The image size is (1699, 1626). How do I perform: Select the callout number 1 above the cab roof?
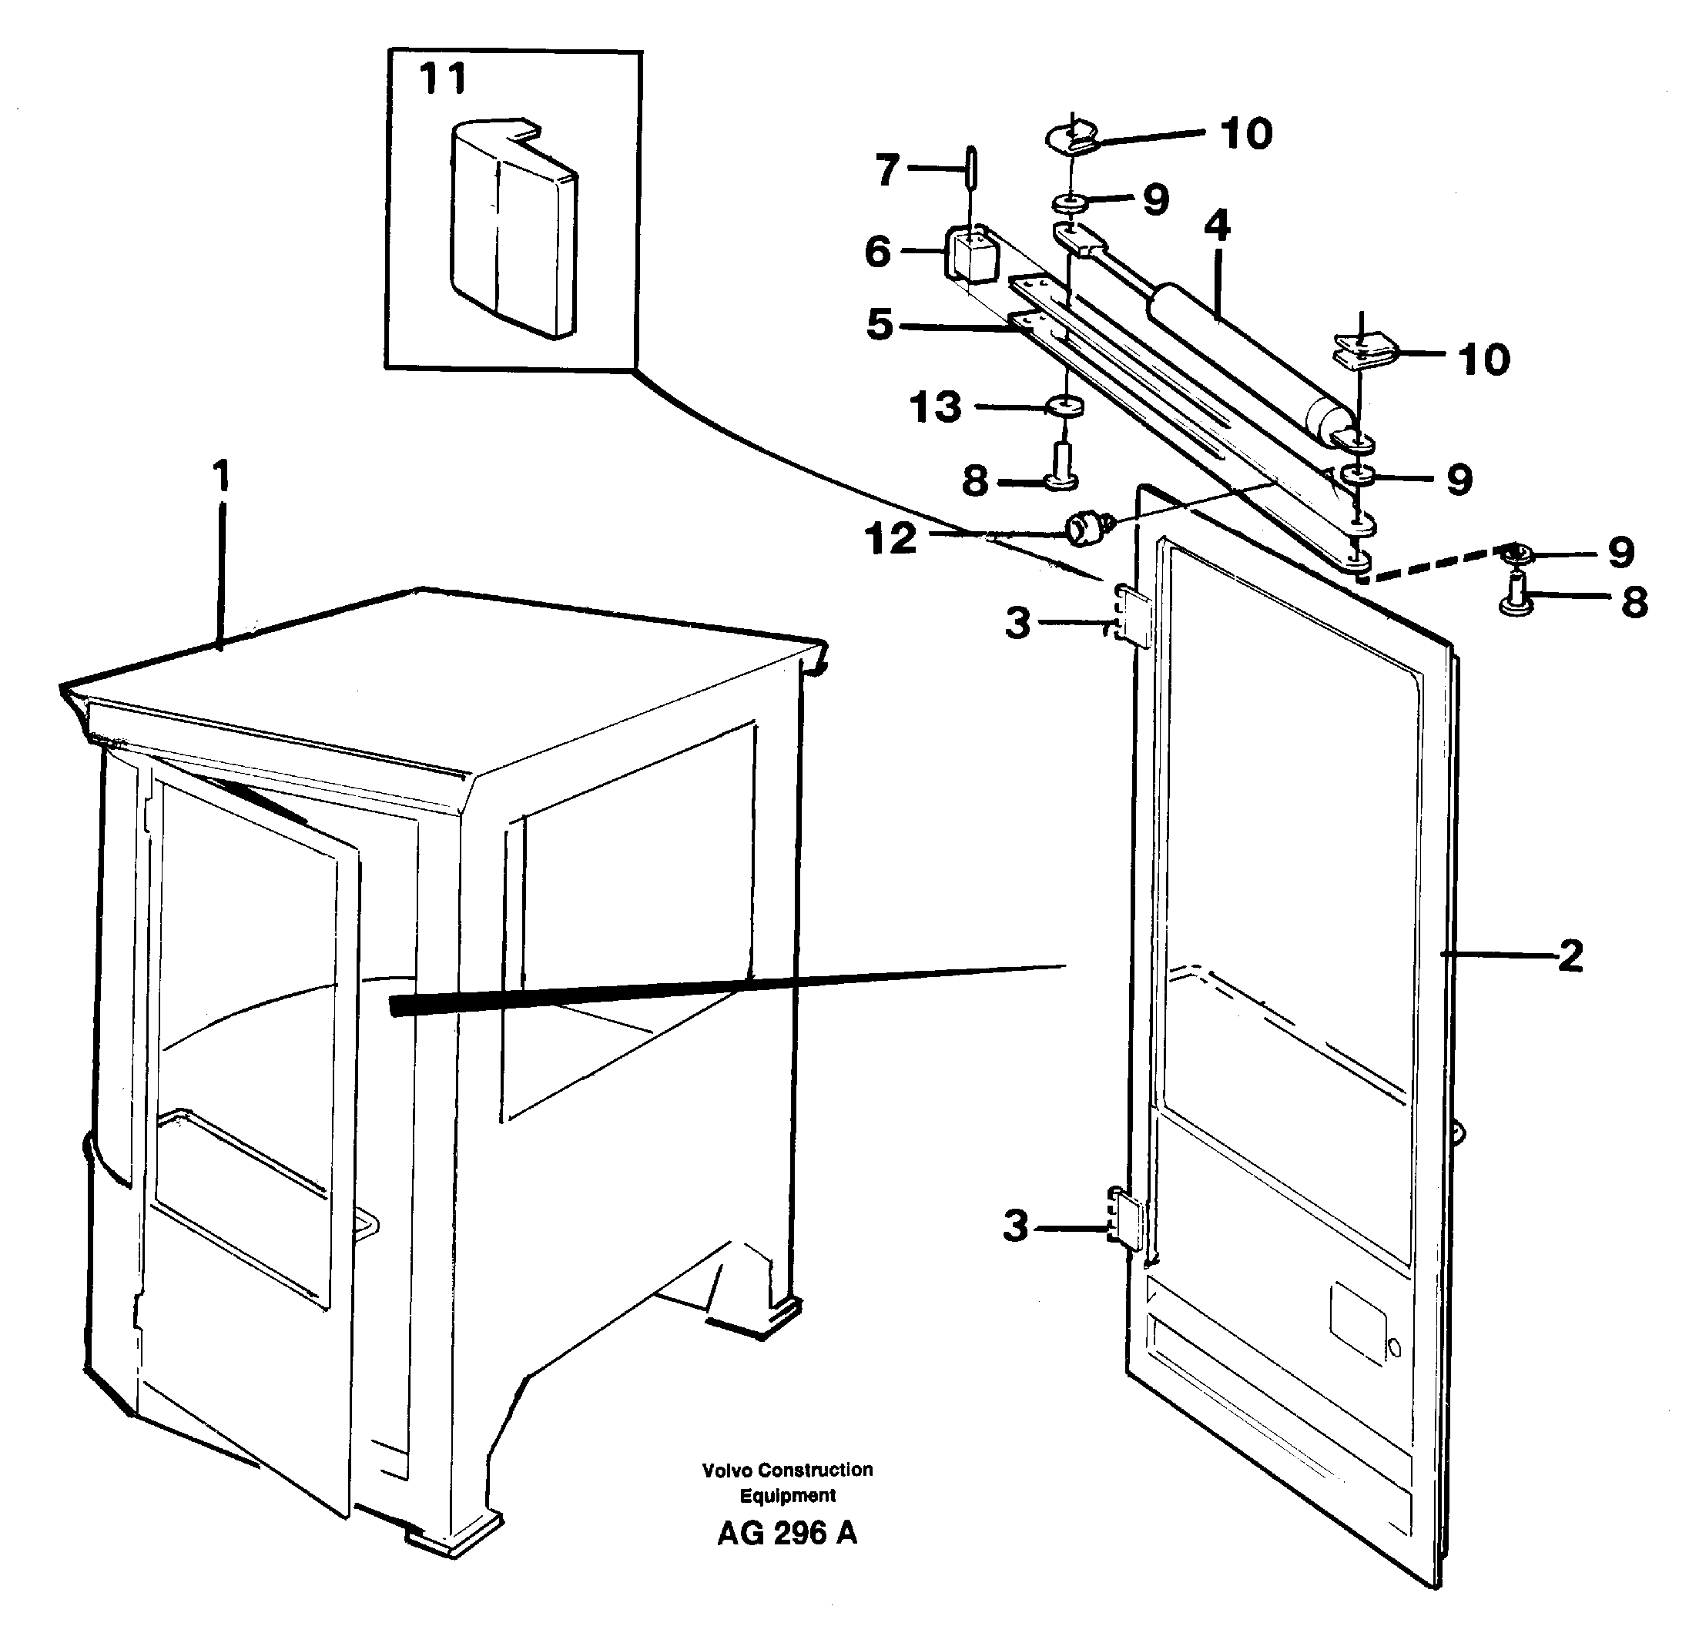pos(222,476)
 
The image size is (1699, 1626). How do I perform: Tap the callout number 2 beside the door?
pos(1570,956)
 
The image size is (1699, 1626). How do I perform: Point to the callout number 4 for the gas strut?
pos(1217,226)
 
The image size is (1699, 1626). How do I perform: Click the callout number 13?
pos(935,407)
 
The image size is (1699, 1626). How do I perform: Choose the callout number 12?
pos(890,539)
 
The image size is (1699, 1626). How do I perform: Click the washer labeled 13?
pos(1065,406)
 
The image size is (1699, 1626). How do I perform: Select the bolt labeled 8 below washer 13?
pos(1059,467)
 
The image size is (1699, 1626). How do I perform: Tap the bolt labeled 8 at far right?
pos(1517,597)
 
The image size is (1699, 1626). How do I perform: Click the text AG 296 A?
pos(786,1534)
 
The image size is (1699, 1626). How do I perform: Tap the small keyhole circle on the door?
pos(1394,1347)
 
